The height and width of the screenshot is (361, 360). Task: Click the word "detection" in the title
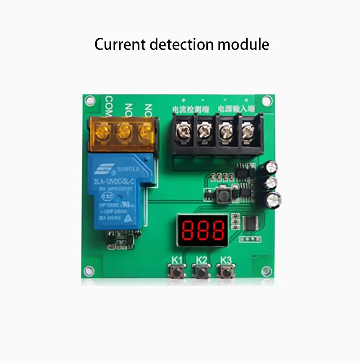pyautogui.click(x=178, y=45)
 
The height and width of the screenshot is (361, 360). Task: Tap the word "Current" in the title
pyautogui.click(x=120, y=45)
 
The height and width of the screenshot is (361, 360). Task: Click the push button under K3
pyautogui.click(x=226, y=271)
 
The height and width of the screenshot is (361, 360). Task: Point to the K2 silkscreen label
pyautogui.click(x=202, y=260)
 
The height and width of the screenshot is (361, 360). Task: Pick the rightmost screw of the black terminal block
pyautogui.click(x=248, y=132)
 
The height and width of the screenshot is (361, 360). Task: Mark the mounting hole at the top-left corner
pyautogui.click(x=89, y=100)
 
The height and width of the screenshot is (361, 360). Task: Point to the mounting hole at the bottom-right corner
pyautogui.click(x=267, y=271)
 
